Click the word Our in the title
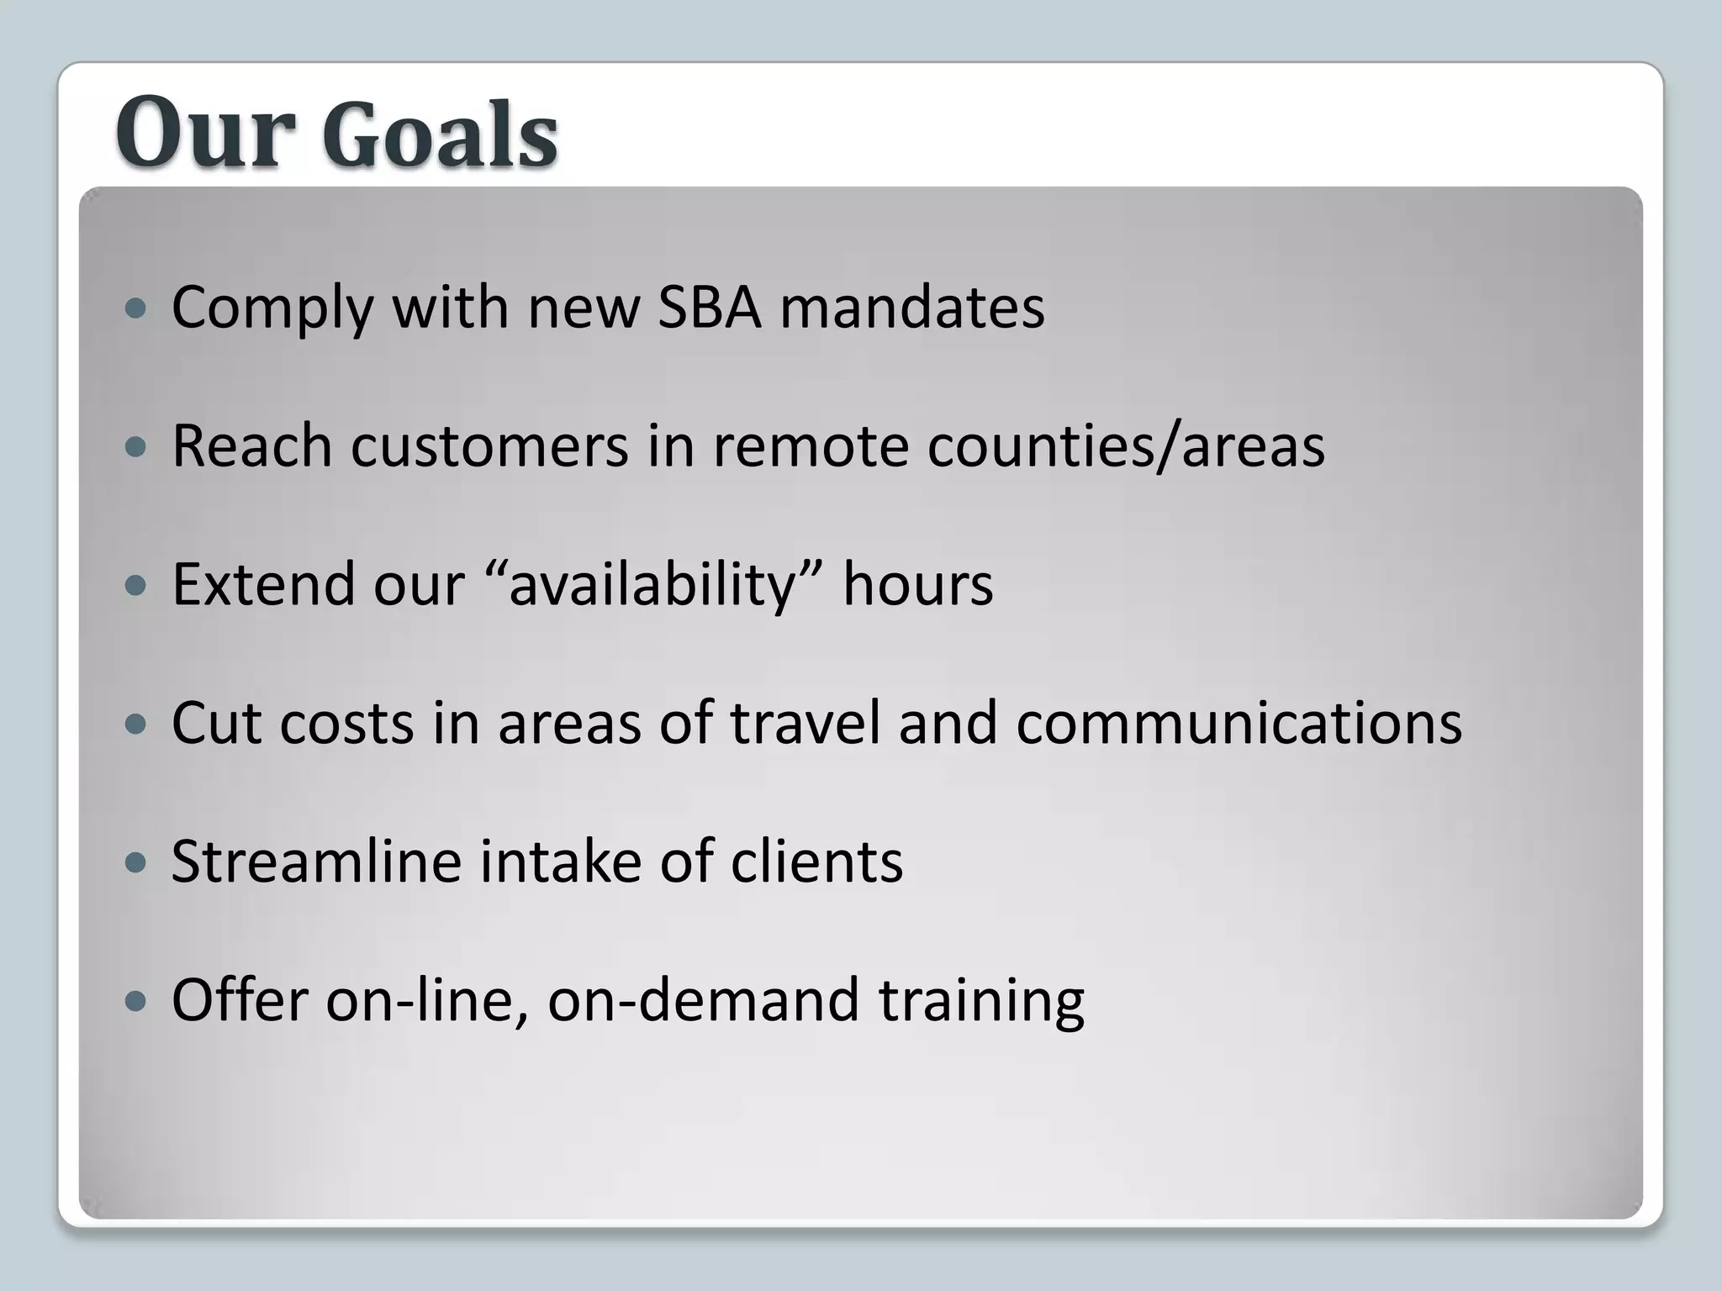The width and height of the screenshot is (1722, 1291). point(206,133)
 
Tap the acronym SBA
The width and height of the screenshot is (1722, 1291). point(709,307)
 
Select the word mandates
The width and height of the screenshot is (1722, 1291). point(911,307)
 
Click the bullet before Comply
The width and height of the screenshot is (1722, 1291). point(135,308)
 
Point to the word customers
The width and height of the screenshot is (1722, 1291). point(489,445)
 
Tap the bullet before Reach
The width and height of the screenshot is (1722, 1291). point(135,447)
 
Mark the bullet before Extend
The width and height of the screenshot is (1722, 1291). point(135,586)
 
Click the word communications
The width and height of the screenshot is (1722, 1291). point(1239,723)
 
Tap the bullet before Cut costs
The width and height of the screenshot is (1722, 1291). point(135,725)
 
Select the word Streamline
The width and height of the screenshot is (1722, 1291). point(316,862)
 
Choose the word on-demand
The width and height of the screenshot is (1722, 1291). point(703,1000)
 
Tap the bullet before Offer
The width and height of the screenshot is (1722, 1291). point(135,1002)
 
